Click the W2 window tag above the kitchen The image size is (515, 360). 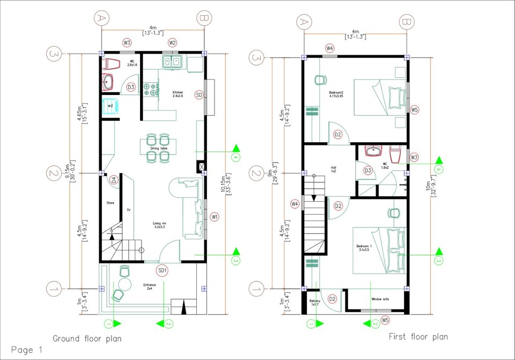click(172, 42)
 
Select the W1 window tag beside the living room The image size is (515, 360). click(215, 217)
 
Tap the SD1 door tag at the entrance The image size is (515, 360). click(162, 270)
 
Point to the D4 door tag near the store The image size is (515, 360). click(114, 181)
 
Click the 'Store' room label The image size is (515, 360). click(110, 203)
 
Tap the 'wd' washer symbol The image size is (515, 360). click(111, 106)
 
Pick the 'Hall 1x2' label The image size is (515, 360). click(333, 168)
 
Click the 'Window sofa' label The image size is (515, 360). click(380, 299)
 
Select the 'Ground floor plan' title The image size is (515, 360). click(86, 339)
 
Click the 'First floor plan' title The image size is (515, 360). click(418, 337)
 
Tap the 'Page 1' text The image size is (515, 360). click(26, 350)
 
